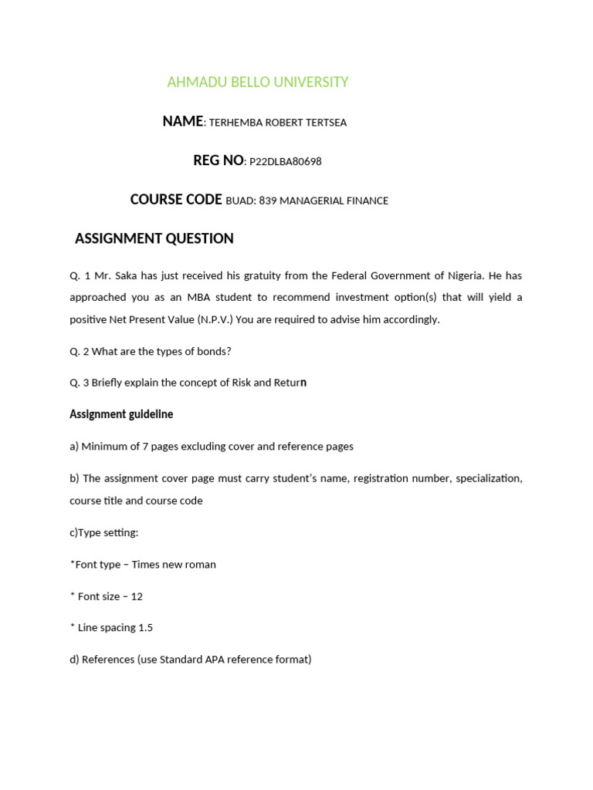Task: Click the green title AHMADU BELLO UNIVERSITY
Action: click(258, 82)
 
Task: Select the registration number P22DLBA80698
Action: click(286, 162)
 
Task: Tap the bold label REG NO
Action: click(219, 160)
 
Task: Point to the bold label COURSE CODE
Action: click(176, 200)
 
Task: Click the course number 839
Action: click(267, 201)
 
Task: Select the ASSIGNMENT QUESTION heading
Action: click(154, 239)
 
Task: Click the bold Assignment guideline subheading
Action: click(121, 414)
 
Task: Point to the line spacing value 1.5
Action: click(145, 628)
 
